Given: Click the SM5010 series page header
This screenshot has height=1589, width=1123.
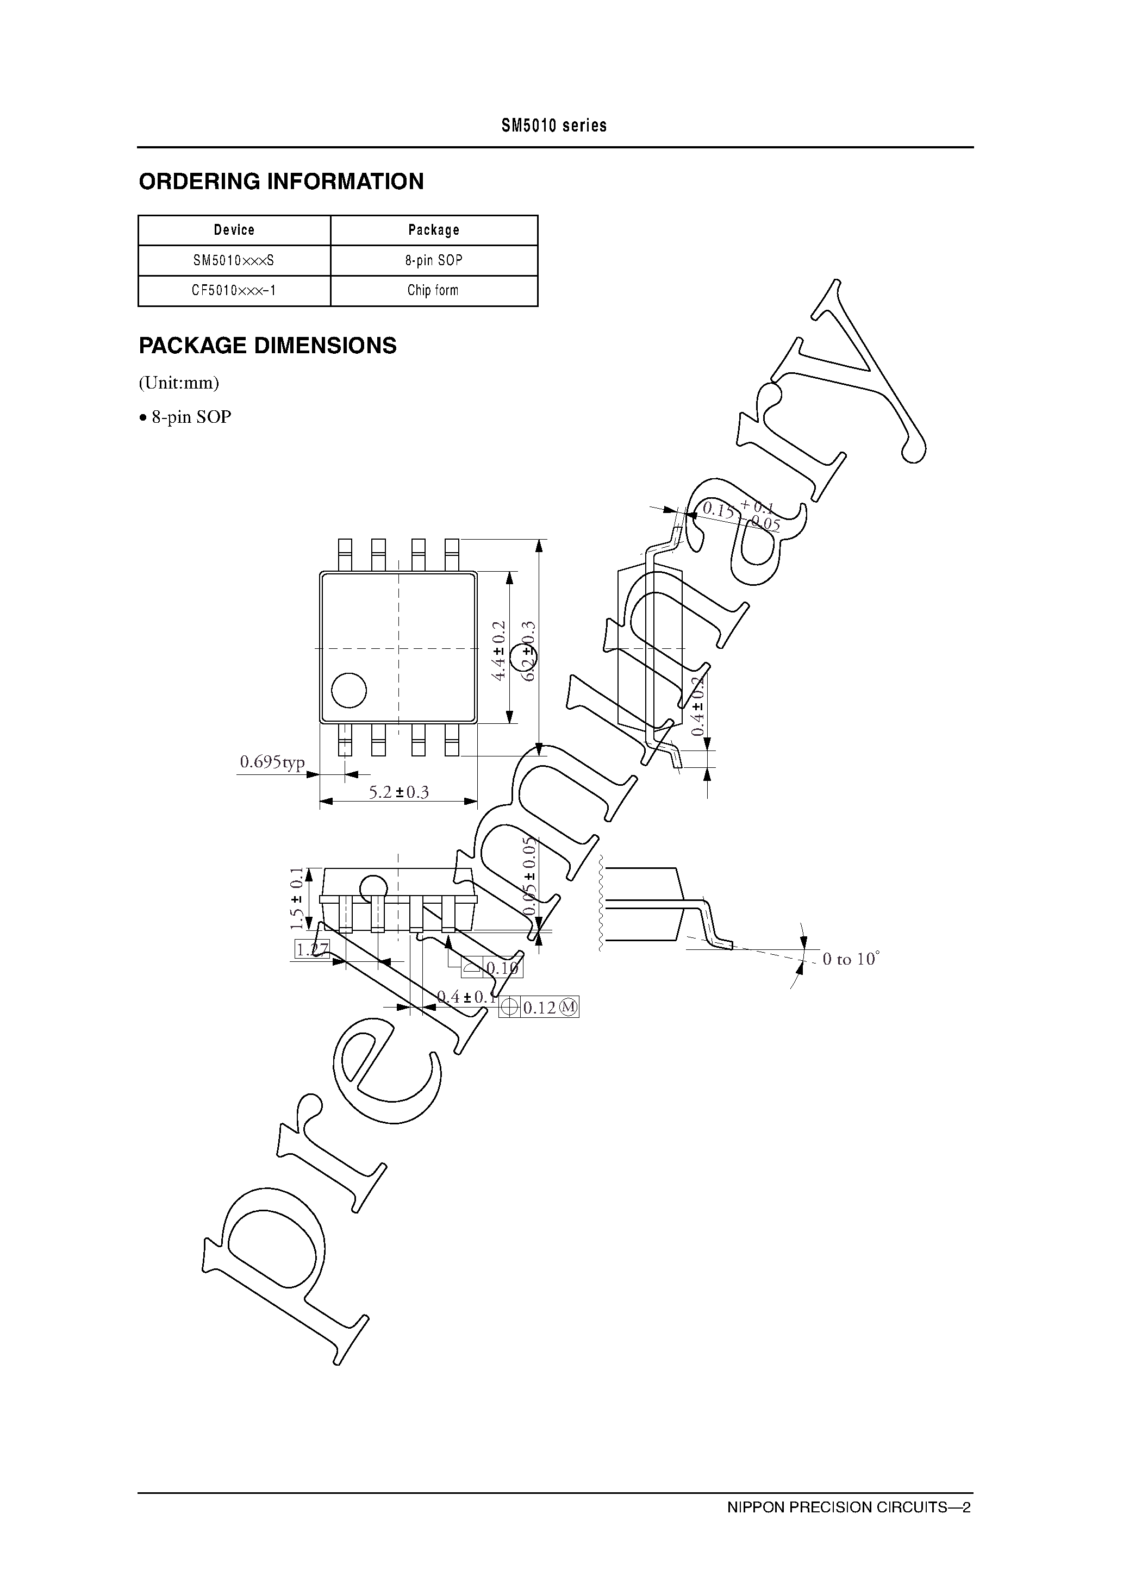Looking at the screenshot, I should [x=554, y=126].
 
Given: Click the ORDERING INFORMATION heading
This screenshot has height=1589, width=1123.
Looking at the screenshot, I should [x=281, y=182].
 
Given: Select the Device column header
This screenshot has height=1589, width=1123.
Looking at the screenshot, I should [x=234, y=230].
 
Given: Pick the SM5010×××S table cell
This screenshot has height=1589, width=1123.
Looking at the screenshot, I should [x=234, y=260].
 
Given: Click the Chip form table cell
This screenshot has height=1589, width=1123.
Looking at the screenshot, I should [x=433, y=291].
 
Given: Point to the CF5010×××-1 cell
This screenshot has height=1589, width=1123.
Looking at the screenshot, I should [x=234, y=291].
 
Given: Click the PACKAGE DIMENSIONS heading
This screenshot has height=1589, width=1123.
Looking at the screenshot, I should [x=267, y=345].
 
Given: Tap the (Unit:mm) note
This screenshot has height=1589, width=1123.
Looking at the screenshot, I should [x=179, y=383].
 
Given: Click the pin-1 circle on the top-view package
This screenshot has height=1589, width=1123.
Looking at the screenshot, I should [x=348, y=690].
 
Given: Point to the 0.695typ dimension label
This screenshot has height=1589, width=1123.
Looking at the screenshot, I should [x=272, y=762].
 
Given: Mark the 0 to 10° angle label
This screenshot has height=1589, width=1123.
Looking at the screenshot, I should [x=850, y=959].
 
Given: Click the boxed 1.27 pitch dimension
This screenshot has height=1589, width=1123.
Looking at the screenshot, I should [x=311, y=949].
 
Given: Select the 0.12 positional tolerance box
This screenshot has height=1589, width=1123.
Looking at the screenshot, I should [x=539, y=1008].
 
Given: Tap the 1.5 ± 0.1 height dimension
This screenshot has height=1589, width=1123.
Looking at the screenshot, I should [x=297, y=898].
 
